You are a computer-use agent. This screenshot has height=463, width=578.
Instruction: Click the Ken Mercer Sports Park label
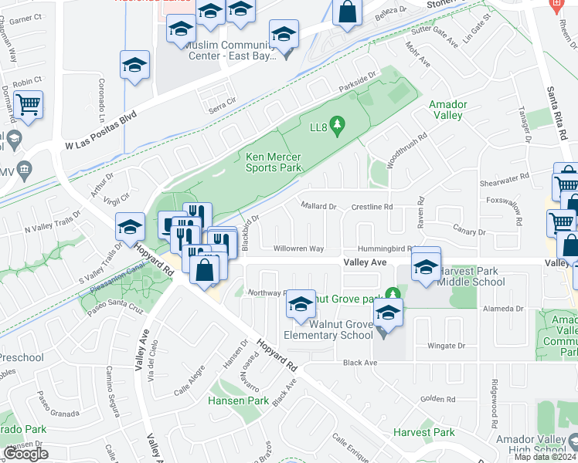[273, 161]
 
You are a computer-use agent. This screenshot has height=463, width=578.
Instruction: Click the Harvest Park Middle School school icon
[425, 266]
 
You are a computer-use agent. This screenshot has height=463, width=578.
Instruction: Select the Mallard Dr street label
[318, 207]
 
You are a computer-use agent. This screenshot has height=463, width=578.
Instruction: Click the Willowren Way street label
[298, 248]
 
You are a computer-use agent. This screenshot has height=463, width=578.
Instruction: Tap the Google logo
[25, 454]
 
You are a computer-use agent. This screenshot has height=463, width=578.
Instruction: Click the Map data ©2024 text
[545, 457]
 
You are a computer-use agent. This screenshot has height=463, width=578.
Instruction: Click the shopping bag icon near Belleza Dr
[348, 12]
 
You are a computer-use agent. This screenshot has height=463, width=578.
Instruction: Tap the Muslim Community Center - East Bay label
[232, 50]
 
